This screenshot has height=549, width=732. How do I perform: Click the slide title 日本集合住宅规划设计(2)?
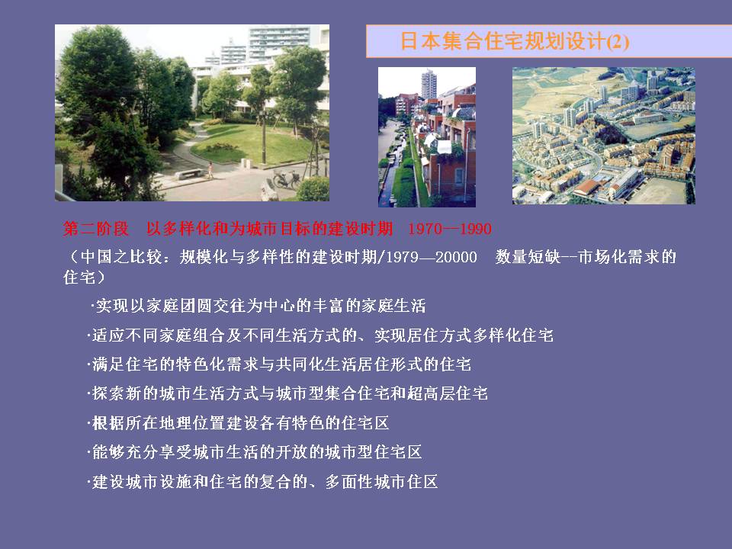(515, 41)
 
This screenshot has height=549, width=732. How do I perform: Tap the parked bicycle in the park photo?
(287, 179)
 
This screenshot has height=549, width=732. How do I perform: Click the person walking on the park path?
(210, 170)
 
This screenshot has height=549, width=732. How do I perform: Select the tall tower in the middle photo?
(429, 85)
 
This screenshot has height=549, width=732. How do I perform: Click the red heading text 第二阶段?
(96, 229)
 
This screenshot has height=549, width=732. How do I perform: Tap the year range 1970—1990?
(450, 229)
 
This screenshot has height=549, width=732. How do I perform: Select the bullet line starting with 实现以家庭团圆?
(258, 306)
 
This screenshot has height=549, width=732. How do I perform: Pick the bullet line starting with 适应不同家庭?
(320, 335)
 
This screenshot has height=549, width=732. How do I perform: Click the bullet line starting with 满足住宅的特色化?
(279, 364)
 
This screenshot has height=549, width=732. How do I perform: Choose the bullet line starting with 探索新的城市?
(287, 393)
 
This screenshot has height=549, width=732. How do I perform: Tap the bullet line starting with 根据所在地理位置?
(238, 423)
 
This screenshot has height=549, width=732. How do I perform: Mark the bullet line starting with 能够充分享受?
(255, 452)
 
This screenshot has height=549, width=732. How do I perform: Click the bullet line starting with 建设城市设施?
(262, 481)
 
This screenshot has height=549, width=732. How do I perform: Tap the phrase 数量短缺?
(528, 257)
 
